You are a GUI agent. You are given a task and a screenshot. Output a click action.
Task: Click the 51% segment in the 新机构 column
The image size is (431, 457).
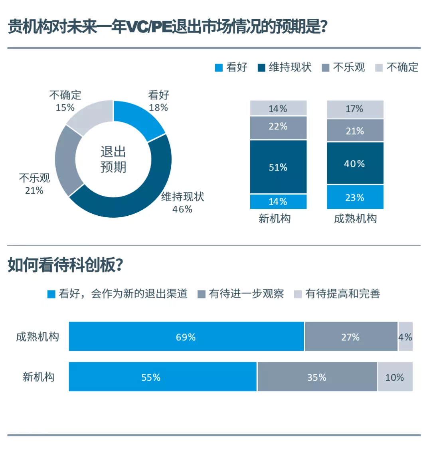pyautogui.click(x=278, y=167)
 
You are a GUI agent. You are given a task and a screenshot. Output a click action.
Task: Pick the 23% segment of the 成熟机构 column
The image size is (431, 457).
pyautogui.click(x=355, y=197)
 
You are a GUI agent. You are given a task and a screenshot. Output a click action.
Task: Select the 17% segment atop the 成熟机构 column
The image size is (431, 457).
pyautogui.click(x=355, y=109)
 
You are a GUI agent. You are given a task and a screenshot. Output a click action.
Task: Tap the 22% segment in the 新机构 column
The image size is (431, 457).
pyautogui.click(x=278, y=127)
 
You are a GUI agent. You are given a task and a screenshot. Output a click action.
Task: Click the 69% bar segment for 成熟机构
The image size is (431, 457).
pyautogui.click(x=186, y=337)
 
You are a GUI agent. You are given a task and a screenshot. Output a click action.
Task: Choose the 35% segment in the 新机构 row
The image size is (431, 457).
pyautogui.click(x=317, y=377)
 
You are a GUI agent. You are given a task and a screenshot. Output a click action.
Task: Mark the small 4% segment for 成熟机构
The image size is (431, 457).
pyautogui.click(x=405, y=337)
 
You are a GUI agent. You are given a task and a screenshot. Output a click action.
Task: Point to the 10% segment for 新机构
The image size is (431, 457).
pyautogui.click(x=395, y=377)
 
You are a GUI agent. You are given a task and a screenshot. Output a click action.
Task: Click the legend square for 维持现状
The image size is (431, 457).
pyautogui.click(x=261, y=68)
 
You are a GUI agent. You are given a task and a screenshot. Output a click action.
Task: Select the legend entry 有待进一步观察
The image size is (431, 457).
pyautogui.click(x=246, y=294)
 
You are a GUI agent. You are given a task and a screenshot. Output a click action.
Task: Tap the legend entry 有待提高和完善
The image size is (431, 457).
pyautogui.click(x=342, y=294)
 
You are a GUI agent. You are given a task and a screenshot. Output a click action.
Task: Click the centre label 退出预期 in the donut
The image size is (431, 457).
pyautogui.click(x=113, y=159)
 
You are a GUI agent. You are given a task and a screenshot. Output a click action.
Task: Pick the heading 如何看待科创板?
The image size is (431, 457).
pyautogui.click(x=65, y=265)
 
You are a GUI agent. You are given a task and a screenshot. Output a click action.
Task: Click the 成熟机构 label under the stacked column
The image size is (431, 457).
pyautogui.click(x=355, y=219)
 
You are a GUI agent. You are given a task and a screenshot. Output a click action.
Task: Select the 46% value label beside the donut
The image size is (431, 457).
pyautogui.click(x=182, y=209)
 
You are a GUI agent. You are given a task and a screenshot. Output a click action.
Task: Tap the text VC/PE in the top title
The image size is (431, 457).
pyautogui.click(x=149, y=27)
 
